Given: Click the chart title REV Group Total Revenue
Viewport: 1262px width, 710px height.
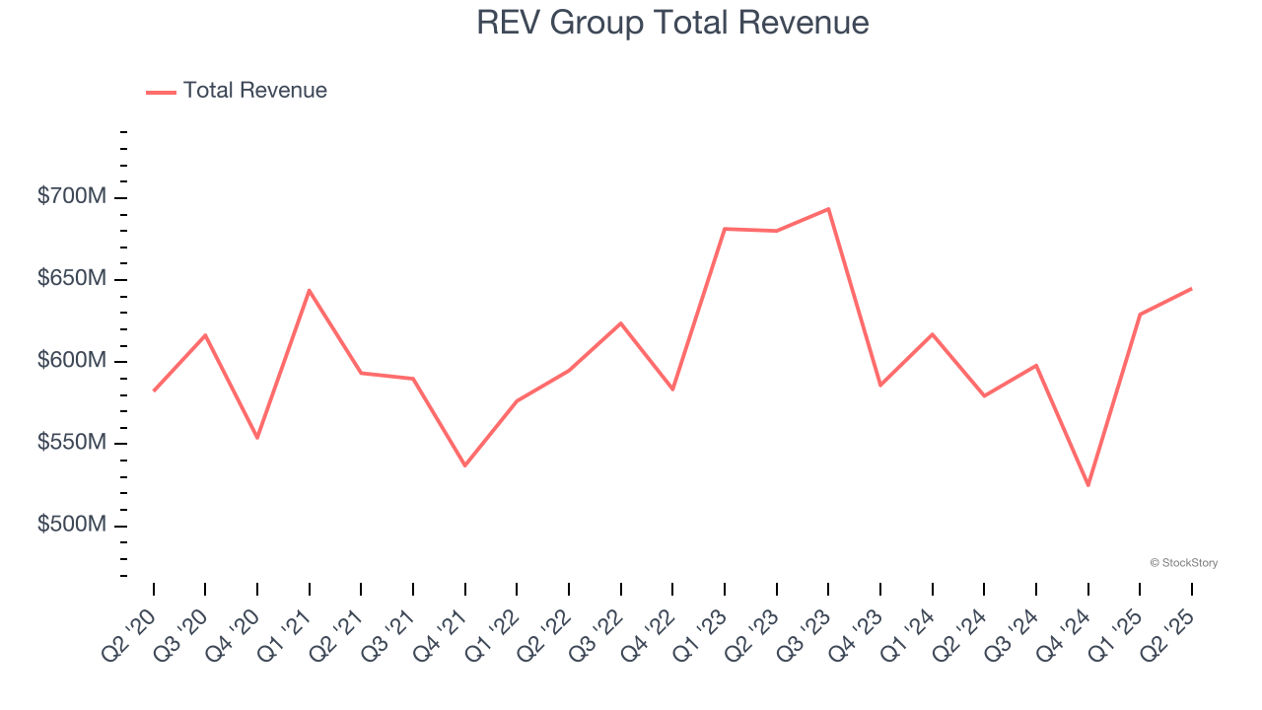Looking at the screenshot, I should click(x=672, y=22).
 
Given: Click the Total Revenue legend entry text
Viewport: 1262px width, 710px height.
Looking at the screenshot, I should click(x=254, y=91).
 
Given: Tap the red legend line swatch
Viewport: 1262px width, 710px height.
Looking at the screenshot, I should click(x=161, y=92).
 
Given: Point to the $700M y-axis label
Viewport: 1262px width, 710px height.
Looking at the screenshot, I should click(x=71, y=197).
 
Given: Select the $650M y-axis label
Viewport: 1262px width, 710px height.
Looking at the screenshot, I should click(x=71, y=279).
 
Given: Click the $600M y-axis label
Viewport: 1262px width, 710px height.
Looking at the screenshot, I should click(x=71, y=361).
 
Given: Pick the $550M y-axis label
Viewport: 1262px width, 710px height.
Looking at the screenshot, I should click(x=71, y=443).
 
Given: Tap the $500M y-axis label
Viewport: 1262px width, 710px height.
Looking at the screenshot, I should click(x=71, y=525).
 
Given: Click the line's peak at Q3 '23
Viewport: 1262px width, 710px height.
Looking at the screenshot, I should click(x=828, y=209).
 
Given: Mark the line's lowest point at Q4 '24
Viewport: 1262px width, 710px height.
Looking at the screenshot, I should click(x=1088, y=485).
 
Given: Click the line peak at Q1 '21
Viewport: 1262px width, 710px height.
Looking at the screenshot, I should click(x=310, y=290).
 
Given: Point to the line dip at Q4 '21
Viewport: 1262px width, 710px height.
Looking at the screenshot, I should click(x=465, y=465).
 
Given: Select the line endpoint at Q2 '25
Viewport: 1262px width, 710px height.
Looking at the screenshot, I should click(x=1192, y=289).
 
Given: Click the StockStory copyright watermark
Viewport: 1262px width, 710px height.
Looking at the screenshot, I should click(x=1183, y=563).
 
